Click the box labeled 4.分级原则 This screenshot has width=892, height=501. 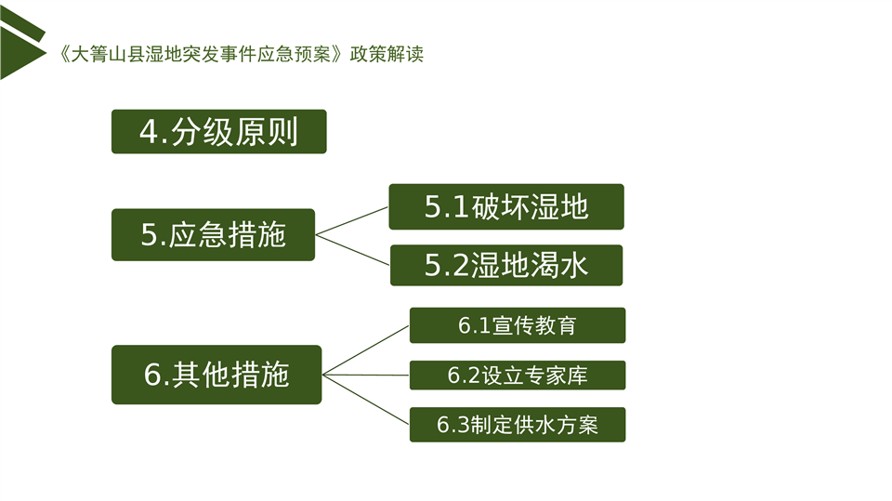tap(219, 131)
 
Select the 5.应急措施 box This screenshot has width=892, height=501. tap(214, 234)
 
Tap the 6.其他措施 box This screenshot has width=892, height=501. tap(216, 375)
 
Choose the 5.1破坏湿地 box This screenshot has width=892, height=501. tap(506, 206)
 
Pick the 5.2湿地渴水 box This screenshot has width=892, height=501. tap(506, 265)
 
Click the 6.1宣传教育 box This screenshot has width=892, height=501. tap(518, 325)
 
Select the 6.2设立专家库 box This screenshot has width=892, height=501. tap(518, 376)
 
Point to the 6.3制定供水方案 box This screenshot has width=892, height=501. tap(518, 425)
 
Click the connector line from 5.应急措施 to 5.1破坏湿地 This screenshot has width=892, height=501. tap(352, 221)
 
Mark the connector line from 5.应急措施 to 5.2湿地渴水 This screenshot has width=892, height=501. tap(353, 250)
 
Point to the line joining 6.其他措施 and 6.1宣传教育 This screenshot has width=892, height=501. tap(366, 350)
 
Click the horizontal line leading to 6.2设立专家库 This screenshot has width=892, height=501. tap(366, 376)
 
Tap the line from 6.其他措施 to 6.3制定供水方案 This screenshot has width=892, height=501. tap(366, 400)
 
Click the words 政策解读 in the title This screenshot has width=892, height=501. tap(387, 54)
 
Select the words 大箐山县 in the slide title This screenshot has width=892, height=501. tap(107, 54)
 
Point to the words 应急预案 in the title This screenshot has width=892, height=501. tap(294, 54)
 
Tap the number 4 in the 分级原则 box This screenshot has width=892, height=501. tap(149, 132)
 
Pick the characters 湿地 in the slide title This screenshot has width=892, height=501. tap(164, 54)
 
